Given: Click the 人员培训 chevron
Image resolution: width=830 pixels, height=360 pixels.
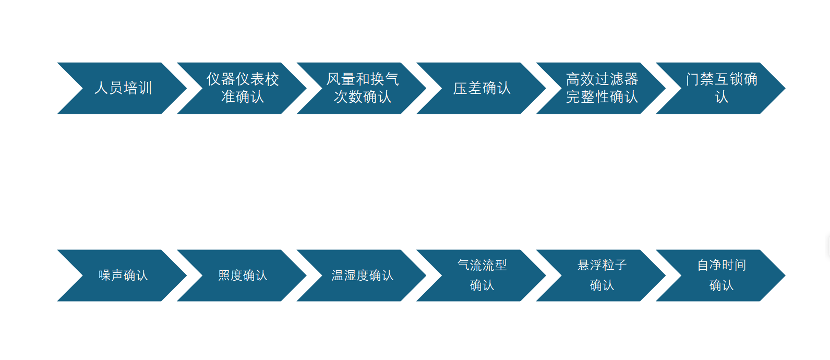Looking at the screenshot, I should [123, 88].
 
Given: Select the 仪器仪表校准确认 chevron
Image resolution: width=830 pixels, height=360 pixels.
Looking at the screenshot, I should [243, 88].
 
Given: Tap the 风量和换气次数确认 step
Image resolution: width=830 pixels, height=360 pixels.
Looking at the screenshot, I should [362, 88].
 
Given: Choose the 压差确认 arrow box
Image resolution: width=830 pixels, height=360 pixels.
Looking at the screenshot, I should [482, 88].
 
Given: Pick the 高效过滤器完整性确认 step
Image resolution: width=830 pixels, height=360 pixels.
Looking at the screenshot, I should [602, 88].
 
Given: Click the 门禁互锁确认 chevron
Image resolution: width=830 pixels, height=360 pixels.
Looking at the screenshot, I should [721, 88].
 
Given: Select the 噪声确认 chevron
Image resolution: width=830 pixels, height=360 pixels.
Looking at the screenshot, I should [123, 275].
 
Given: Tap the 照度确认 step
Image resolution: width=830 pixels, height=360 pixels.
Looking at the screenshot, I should [243, 275].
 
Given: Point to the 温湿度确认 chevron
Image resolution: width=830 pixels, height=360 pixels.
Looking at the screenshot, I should [362, 275].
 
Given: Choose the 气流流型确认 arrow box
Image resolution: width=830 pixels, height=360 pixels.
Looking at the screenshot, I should [482, 275].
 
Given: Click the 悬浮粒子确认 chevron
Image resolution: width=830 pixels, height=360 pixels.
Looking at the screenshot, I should [602, 275].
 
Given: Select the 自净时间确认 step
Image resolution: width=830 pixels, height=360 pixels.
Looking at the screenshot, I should [721, 275].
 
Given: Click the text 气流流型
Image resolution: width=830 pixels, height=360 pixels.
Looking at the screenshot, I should [482, 266].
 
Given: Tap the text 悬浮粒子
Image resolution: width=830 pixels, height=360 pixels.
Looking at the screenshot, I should [602, 266].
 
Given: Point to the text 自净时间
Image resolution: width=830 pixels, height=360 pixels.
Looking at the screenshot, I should [721, 266].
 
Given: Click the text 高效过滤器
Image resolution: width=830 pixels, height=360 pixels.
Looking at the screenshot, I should [602, 79].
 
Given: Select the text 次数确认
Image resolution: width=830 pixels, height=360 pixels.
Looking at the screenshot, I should [363, 97].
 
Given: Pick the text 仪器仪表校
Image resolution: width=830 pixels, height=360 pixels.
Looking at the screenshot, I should [243, 79].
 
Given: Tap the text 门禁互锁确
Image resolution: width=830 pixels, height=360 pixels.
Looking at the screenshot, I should [721, 79].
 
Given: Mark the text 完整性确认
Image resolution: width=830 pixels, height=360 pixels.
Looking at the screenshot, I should [602, 97].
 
